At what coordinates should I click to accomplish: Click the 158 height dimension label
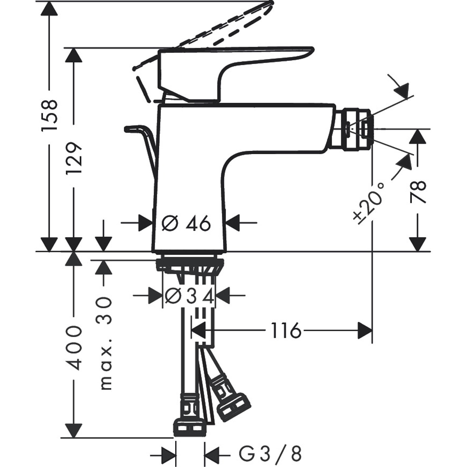point(49,114)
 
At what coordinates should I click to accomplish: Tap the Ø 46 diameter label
point(187,224)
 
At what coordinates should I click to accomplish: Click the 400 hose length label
point(73,348)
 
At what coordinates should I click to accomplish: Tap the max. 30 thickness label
point(105,343)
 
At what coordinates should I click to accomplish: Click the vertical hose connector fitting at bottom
point(189,416)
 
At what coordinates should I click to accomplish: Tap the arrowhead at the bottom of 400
point(73,430)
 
